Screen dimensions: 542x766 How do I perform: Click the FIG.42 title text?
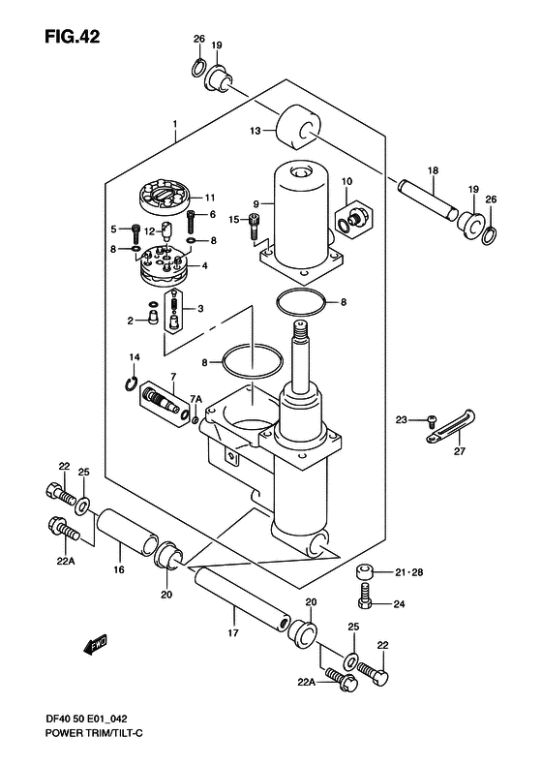(x=73, y=37)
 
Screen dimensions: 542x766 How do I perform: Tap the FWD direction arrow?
(x=95, y=645)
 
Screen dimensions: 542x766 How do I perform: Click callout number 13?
(x=256, y=131)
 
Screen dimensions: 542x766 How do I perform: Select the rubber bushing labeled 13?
(x=297, y=127)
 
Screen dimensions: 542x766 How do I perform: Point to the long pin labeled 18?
(x=428, y=200)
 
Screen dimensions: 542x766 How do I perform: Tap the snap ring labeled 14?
(x=131, y=384)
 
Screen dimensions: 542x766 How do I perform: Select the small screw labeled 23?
(x=431, y=418)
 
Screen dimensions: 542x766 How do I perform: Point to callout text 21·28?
(x=409, y=572)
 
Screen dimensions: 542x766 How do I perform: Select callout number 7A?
(x=196, y=400)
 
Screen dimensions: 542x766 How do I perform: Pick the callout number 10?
(x=346, y=182)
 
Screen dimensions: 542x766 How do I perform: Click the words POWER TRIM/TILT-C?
(x=94, y=733)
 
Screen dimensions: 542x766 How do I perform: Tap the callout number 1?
(x=175, y=125)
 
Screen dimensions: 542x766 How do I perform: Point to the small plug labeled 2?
(x=152, y=318)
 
